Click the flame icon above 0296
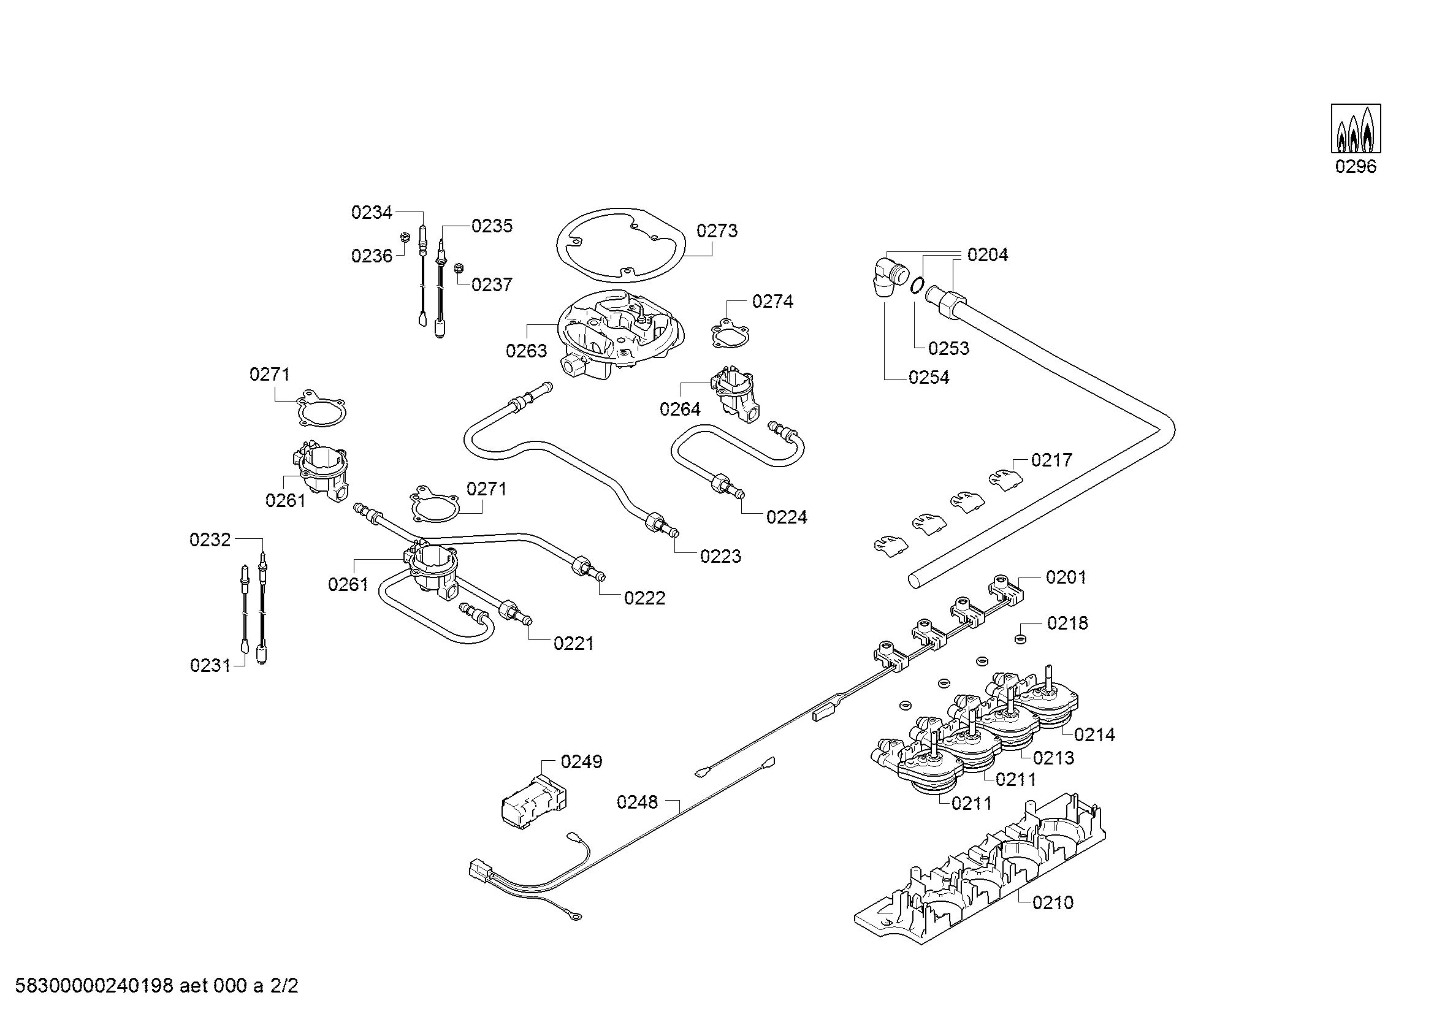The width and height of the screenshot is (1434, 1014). [x=1356, y=129]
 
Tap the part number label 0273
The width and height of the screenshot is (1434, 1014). [x=717, y=231]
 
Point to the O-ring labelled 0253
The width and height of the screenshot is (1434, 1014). [x=917, y=284]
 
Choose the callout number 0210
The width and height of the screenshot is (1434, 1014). [x=1053, y=903]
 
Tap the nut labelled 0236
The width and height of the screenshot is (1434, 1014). [x=404, y=237]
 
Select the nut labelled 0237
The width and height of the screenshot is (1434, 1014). [x=459, y=267]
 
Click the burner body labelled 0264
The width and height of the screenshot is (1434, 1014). [x=736, y=395]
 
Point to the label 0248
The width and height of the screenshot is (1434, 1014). [x=637, y=802]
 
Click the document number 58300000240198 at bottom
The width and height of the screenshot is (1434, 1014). [x=94, y=986]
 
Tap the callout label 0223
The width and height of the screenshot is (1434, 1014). [x=721, y=556]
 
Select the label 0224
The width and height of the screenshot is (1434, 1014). [x=787, y=517]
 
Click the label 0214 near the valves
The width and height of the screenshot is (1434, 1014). [x=1095, y=735]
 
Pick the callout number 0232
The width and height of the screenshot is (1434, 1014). [x=210, y=540]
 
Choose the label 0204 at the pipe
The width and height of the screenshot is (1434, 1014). [x=988, y=255]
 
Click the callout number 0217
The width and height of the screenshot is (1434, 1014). [x=1051, y=460]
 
